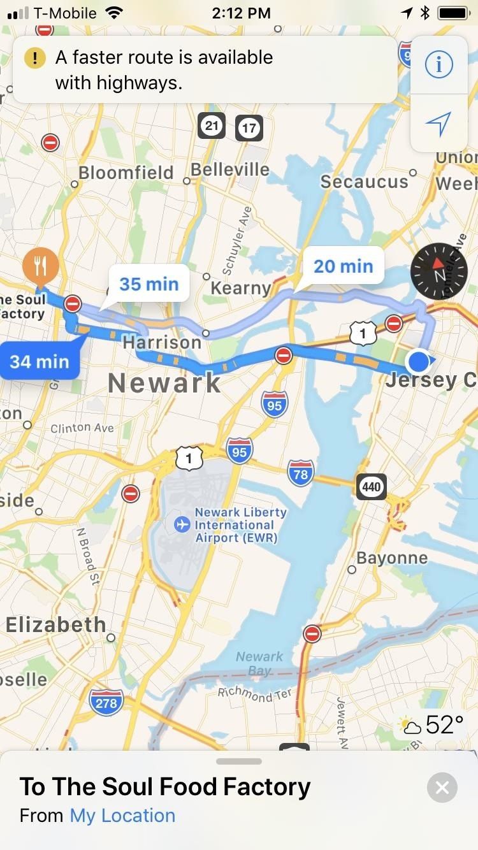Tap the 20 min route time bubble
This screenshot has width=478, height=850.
(x=343, y=266)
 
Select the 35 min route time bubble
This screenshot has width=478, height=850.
(x=148, y=284)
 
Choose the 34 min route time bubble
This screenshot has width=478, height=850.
(x=40, y=361)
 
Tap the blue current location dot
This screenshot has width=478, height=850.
(x=418, y=361)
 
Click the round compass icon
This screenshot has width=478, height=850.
(x=439, y=271)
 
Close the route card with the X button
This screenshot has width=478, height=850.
(x=442, y=788)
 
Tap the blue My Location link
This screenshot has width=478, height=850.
(x=122, y=816)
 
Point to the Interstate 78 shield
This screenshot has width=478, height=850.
(x=300, y=473)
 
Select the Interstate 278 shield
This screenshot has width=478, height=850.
(x=106, y=703)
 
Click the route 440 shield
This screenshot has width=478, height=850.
(x=371, y=487)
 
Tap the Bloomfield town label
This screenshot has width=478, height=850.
(x=126, y=173)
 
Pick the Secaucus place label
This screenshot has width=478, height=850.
(x=364, y=182)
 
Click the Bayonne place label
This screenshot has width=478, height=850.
(x=391, y=558)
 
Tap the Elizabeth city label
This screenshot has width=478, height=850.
(x=55, y=624)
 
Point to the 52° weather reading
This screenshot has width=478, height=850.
(x=444, y=724)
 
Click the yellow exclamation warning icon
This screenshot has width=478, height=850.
(x=34, y=59)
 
